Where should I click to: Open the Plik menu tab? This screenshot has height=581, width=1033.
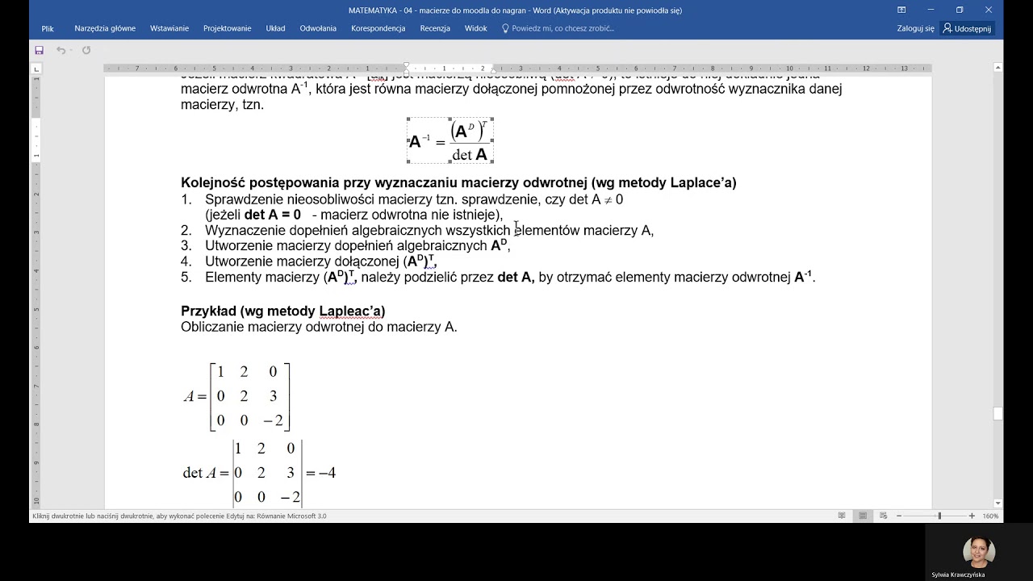[x=48, y=28]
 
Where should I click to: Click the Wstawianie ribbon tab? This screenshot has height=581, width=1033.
[x=169, y=28]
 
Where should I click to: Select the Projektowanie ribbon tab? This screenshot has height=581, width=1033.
[x=228, y=28]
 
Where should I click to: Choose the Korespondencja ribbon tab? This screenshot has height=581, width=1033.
[x=378, y=28]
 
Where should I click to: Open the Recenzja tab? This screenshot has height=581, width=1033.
[x=435, y=28]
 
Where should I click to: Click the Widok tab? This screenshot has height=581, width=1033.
[x=476, y=28]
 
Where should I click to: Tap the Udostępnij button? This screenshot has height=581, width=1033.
[x=968, y=28]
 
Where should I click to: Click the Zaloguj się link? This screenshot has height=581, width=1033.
[x=915, y=28]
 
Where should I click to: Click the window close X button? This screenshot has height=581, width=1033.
[x=989, y=10]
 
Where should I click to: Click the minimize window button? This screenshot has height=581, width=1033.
[x=931, y=10]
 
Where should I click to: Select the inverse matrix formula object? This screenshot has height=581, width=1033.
[x=450, y=140]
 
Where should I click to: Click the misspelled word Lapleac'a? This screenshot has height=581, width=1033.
[x=352, y=311]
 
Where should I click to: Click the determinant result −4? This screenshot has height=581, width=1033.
[x=327, y=473]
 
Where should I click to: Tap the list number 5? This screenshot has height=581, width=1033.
[x=186, y=278]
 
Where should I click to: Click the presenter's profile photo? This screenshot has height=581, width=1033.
[x=978, y=552]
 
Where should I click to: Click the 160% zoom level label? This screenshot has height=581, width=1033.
[x=990, y=516]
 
